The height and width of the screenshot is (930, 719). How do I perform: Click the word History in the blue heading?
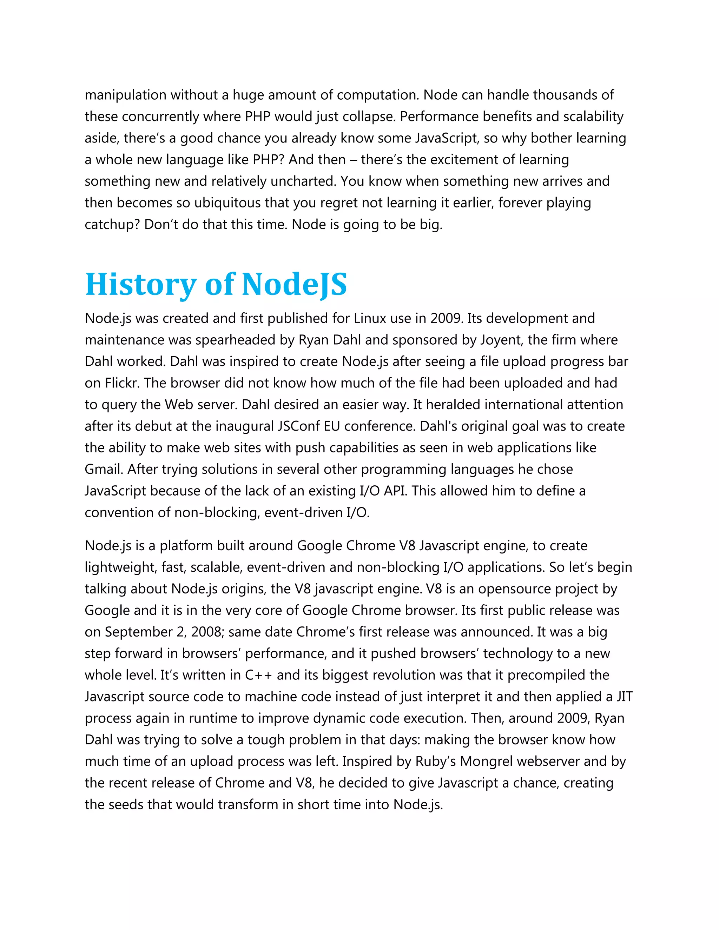point(140,285)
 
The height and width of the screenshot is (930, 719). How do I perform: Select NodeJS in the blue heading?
point(294,285)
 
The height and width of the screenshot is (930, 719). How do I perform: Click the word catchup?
point(112,224)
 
